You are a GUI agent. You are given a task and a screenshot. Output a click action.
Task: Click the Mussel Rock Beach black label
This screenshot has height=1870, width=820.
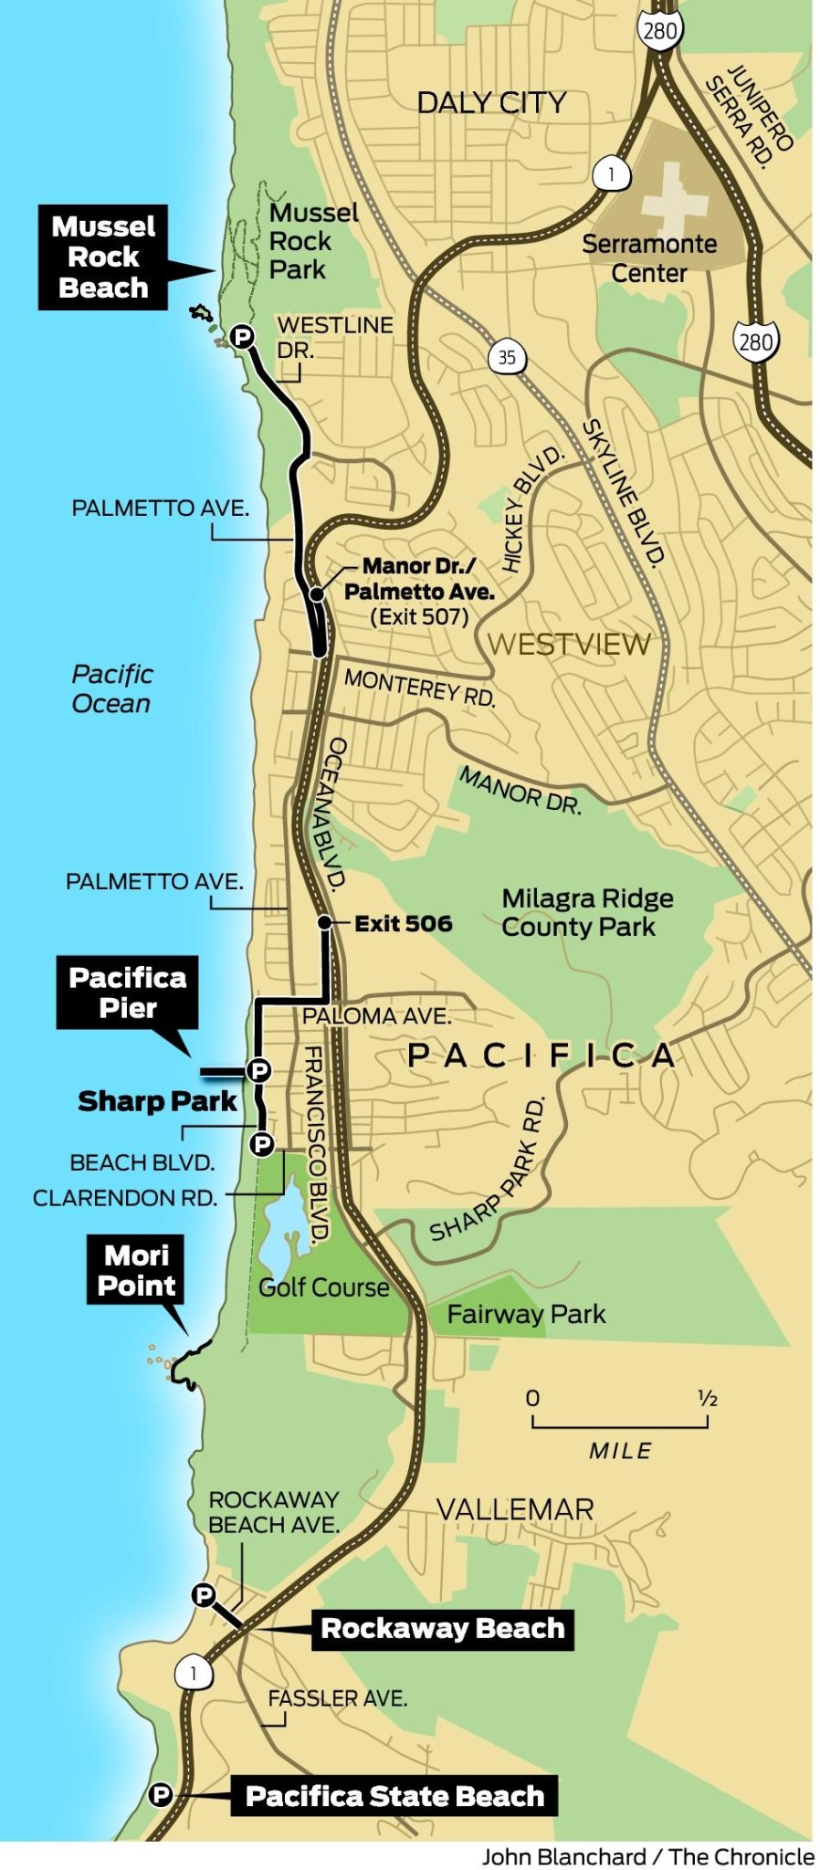(x=103, y=257)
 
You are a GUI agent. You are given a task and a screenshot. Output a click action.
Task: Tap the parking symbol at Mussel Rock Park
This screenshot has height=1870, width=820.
(x=241, y=337)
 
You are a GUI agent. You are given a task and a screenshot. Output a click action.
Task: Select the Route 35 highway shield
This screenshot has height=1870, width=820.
(x=507, y=357)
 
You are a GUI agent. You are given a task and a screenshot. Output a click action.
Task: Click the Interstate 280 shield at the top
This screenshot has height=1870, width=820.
(x=659, y=32)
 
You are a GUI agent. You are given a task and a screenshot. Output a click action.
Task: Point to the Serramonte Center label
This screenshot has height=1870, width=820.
(x=649, y=257)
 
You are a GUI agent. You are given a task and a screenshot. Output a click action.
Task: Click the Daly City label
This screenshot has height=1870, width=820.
(x=491, y=102)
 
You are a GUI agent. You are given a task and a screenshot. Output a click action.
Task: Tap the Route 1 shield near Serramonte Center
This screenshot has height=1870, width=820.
(x=611, y=173)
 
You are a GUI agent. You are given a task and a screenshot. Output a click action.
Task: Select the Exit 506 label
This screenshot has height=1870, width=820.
(x=403, y=923)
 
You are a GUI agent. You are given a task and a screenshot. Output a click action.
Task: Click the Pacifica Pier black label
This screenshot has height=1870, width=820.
(x=127, y=993)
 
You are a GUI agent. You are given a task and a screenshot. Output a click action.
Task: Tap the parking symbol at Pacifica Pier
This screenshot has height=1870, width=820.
(x=258, y=1069)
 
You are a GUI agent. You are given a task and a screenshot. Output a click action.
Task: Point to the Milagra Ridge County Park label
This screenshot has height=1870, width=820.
(x=587, y=912)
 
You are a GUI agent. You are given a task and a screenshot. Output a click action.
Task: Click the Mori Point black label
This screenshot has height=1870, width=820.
(x=136, y=1270)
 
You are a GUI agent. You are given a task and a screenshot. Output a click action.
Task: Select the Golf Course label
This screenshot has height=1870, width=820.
(x=323, y=1287)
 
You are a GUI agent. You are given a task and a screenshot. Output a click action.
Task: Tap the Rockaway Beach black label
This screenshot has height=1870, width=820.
(x=443, y=1628)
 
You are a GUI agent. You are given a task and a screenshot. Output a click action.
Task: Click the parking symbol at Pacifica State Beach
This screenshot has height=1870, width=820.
(x=161, y=1794)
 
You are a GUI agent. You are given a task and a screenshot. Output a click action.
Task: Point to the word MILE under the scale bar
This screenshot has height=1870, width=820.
(x=620, y=1450)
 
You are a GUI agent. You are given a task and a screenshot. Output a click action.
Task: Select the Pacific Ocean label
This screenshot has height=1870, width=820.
(x=111, y=688)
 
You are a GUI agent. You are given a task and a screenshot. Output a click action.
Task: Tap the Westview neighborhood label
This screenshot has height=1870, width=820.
(x=569, y=644)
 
